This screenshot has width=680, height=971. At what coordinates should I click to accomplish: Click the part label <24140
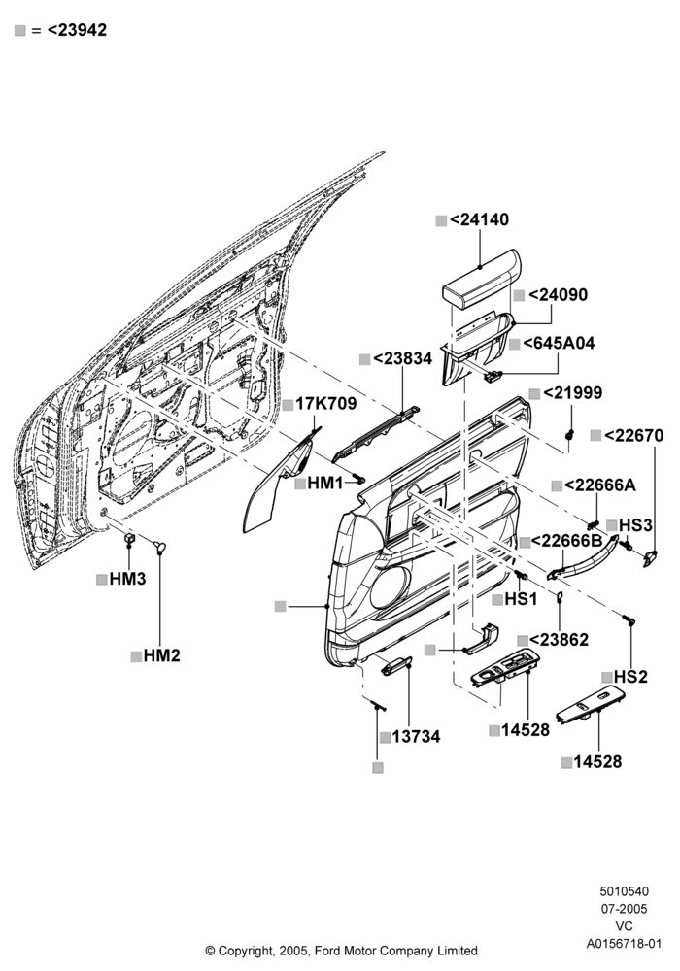coord(479,219)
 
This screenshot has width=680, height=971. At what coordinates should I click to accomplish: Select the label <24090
coord(558,295)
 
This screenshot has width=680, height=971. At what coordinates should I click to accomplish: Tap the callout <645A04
coord(559,343)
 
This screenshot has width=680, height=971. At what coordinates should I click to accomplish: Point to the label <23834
coord(403,358)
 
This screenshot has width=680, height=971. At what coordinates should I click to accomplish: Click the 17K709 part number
coord(325,404)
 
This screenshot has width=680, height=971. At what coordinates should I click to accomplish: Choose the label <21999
coord(572,392)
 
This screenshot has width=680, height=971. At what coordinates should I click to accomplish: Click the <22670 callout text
coord(633,435)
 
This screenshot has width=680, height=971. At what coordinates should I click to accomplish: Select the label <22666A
coord(600,485)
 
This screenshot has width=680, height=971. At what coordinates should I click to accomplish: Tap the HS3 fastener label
coord(635,525)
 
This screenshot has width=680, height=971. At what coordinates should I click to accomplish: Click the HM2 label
coord(161,655)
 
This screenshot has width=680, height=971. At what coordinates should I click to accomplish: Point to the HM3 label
coord(127,579)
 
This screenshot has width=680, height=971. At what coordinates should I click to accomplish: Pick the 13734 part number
coord(416,737)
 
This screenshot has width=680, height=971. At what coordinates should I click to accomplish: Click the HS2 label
coord(630,677)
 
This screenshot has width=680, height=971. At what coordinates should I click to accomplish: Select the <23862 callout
coord(560,640)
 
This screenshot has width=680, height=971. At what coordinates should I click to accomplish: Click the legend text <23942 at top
coord(77,30)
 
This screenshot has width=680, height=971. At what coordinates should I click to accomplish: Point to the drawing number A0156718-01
coord(625,944)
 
